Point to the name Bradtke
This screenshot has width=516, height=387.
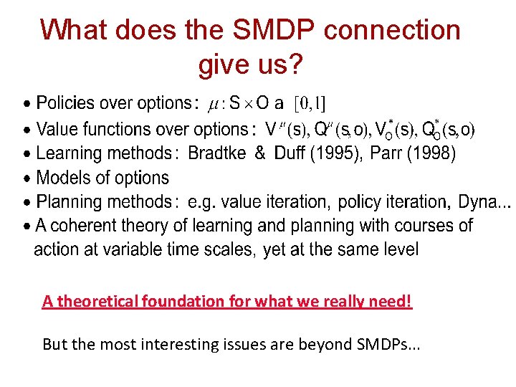click(x=218, y=153)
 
